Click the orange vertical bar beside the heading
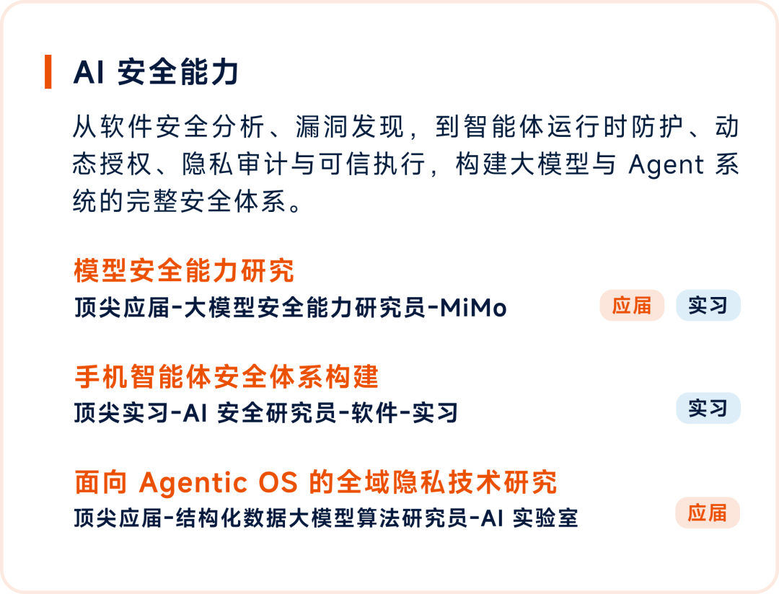pyautogui.click(x=48, y=71)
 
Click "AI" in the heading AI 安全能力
pyautogui.click(x=89, y=72)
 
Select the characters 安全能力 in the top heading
pyautogui.click(x=178, y=72)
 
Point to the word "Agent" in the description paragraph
pyautogui.click(x=666, y=164)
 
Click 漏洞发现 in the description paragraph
pyautogui.click(x=350, y=127)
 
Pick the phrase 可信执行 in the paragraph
pyautogui.click(x=372, y=164)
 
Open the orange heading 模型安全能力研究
pyautogui.click(x=184, y=271)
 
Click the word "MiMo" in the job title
pyautogui.click(x=473, y=308)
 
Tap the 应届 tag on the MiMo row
pyautogui.click(x=631, y=306)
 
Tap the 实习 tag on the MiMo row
pyautogui.click(x=708, y=306)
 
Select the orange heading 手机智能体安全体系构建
pyautogui.click(x=226, y=376)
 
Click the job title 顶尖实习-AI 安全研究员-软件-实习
pyautogui.click(x=265, y=413)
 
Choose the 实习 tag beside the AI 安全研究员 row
pyautogui.click(x=708, y=408)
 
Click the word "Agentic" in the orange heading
pyautogui.click(x=193, y=483)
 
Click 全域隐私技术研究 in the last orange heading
pyautogui.click(x=446, y=482)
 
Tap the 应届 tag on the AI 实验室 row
pyautogui.click(x=708, y=513)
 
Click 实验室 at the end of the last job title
pyautogui.click(x=545, y=518)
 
